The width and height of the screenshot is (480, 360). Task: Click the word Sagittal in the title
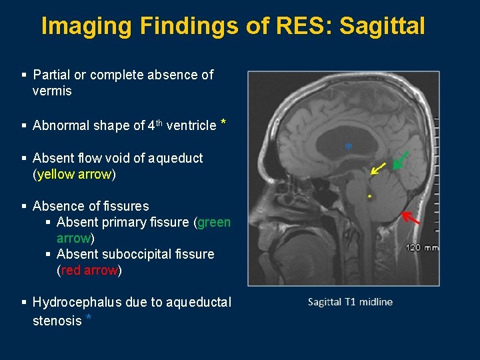[381, 26]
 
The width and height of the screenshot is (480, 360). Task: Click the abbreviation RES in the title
[305, 26]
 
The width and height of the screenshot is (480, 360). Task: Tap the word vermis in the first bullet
[52, 91]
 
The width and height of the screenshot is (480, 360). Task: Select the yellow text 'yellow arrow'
[75, 175]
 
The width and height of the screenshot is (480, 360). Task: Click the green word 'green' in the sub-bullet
[214, 223]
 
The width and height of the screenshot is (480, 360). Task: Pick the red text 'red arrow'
[89, 271]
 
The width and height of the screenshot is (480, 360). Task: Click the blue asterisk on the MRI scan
[347, 147]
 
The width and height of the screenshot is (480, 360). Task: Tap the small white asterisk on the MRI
[369, 197]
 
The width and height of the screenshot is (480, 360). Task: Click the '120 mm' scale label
[422, 247]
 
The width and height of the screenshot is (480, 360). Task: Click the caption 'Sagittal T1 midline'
[350, 302]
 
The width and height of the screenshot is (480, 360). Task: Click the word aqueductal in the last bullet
[200, 303]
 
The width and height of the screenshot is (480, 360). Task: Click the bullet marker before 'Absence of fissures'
[24, 207]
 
